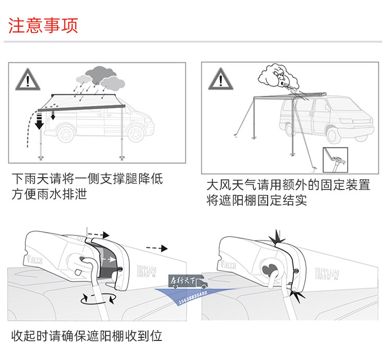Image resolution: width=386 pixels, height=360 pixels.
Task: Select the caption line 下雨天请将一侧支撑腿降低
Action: (87, 180)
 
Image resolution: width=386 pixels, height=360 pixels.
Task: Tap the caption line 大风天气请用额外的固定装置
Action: (288, 185)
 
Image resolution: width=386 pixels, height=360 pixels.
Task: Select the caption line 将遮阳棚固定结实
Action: (257, 200)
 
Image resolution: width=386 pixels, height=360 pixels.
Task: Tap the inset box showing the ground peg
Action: (335, 160)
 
